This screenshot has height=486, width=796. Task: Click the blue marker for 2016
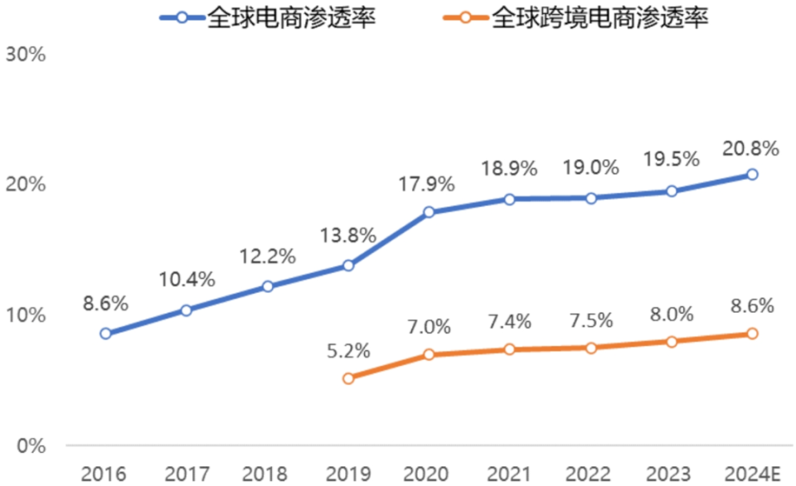(105, 333)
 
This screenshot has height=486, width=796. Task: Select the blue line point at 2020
(430, 212)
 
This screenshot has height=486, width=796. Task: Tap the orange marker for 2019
(348, 378)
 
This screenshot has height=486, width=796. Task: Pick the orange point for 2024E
(752, 333)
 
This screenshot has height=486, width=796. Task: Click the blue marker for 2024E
(752, 174)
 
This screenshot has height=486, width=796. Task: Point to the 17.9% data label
(430, 185)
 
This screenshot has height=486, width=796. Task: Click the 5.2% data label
(348, 351)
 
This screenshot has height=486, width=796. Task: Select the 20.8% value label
(752, 148)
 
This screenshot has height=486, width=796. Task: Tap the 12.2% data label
(268, 256)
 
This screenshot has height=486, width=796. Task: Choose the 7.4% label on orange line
(510, 322)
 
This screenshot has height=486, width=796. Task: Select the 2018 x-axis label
(268, 474)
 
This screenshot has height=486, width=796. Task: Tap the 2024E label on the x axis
(751, 474)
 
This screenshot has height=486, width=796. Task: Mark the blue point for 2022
(591, 198)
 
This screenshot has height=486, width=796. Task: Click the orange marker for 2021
(510, 349)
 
